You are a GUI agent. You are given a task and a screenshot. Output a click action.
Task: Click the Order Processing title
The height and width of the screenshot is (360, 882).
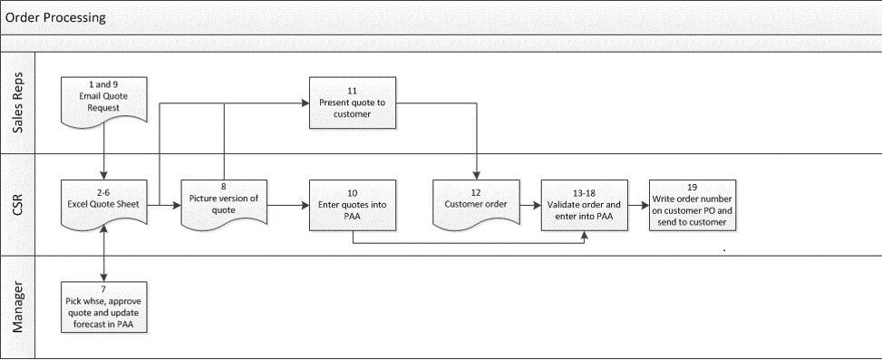54,17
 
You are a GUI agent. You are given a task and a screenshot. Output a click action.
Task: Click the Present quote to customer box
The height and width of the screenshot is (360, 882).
353,102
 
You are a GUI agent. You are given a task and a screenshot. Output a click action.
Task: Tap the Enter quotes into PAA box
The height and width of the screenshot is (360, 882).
353,205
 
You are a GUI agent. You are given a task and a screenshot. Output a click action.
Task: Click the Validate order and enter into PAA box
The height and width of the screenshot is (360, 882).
585,205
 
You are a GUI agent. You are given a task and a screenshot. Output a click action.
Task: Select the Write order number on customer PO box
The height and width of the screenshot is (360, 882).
693,205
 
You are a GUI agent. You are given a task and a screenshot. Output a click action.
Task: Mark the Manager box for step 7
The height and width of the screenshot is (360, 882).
106,307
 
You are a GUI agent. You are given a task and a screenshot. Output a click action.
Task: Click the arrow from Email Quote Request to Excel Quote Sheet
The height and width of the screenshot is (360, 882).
106,151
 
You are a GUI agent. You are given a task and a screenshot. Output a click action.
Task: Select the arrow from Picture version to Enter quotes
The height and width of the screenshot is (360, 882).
287,206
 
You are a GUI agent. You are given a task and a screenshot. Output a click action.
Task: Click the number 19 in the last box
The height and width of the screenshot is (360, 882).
693,187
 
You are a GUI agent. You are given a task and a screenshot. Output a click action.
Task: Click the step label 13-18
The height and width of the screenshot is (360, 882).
585,193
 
